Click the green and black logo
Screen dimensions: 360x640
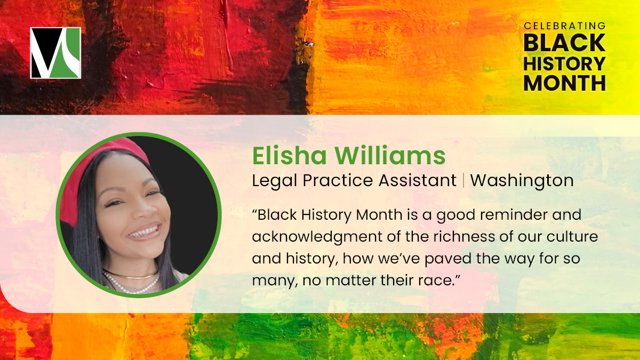55,53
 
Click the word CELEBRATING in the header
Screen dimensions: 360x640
565,26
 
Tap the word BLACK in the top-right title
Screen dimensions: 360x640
565,43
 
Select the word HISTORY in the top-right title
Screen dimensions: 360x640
565,63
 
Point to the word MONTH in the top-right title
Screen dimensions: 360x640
565,83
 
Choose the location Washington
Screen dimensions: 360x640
522,180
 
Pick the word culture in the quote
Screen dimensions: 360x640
575,236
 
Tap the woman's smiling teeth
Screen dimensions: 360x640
144,232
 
